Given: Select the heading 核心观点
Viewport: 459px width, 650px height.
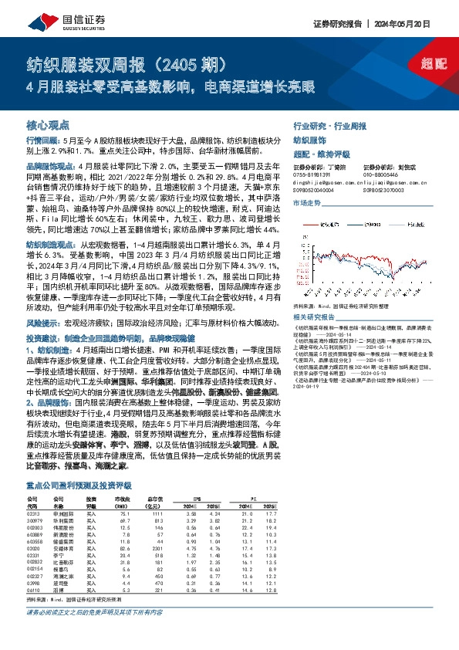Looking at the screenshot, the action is click(x=48, y=124).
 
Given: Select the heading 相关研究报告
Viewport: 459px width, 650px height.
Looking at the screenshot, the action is click(x=316, y=317).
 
